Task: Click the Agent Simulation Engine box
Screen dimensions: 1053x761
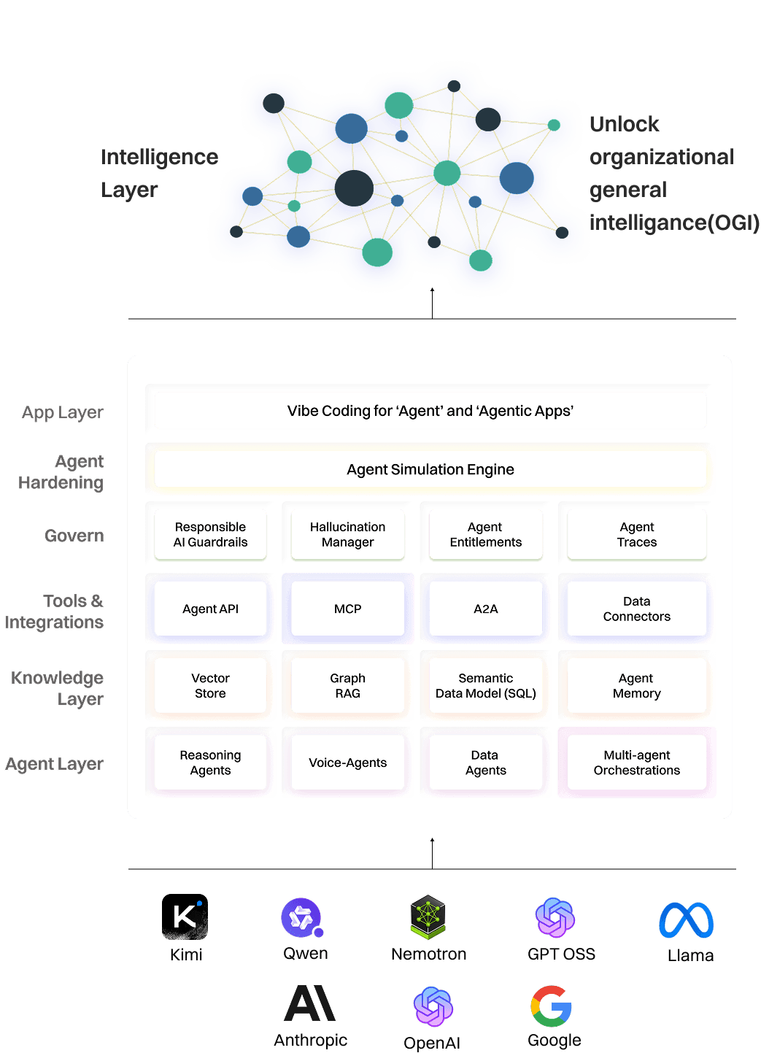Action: pyautogui.click(x=430, y=469)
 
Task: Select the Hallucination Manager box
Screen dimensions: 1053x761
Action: pyautogui.click(x=347, y=535)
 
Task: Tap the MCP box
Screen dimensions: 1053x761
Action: pyautogui.click(x=347, y=609)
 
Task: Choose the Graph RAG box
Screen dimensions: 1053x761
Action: pyautogui.click(x=347, y=686)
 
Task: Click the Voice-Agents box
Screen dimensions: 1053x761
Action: pyautogui.click(x=347, y=763)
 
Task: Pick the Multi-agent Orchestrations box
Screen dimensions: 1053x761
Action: pyautogui.click(x=636, y=763)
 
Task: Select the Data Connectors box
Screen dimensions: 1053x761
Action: pyautogui.click(x=636, y=609)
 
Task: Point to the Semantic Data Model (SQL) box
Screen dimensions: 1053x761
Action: pyautogui.click(x=485, y=686)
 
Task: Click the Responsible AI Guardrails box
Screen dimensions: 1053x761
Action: pyautogui.click(x=210, y=535)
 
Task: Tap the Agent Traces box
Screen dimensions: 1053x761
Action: pyautogui.click(x=636, y=535)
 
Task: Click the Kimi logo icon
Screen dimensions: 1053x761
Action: pyautogui.click(x=185, y=917)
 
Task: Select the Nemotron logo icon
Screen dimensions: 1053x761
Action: pyautogui.click(x=428, y=917)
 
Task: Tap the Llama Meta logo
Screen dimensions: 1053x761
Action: pyautogui.click(x=686, y=919)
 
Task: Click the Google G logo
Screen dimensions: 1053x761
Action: pyautogui.click(x=552, y=1006)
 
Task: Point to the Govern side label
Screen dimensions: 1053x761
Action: pyautogui.click(x=74, y=536)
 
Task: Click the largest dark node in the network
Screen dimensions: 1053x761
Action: pyautogui.click(x=354, y=188)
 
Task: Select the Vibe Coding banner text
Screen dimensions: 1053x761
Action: pyautogui.click(x=430, y=411)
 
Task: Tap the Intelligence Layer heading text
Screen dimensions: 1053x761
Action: pyautogui.click(x=159, y=173)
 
